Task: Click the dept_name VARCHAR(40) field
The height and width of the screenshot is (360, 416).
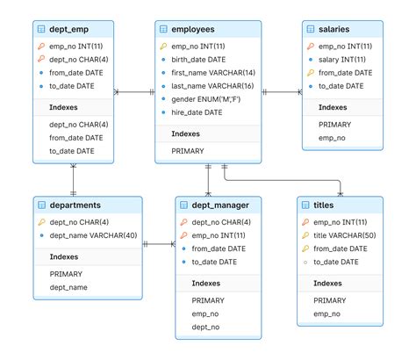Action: tap(92, 236)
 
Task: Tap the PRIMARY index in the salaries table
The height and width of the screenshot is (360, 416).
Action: tap(335, 124)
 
